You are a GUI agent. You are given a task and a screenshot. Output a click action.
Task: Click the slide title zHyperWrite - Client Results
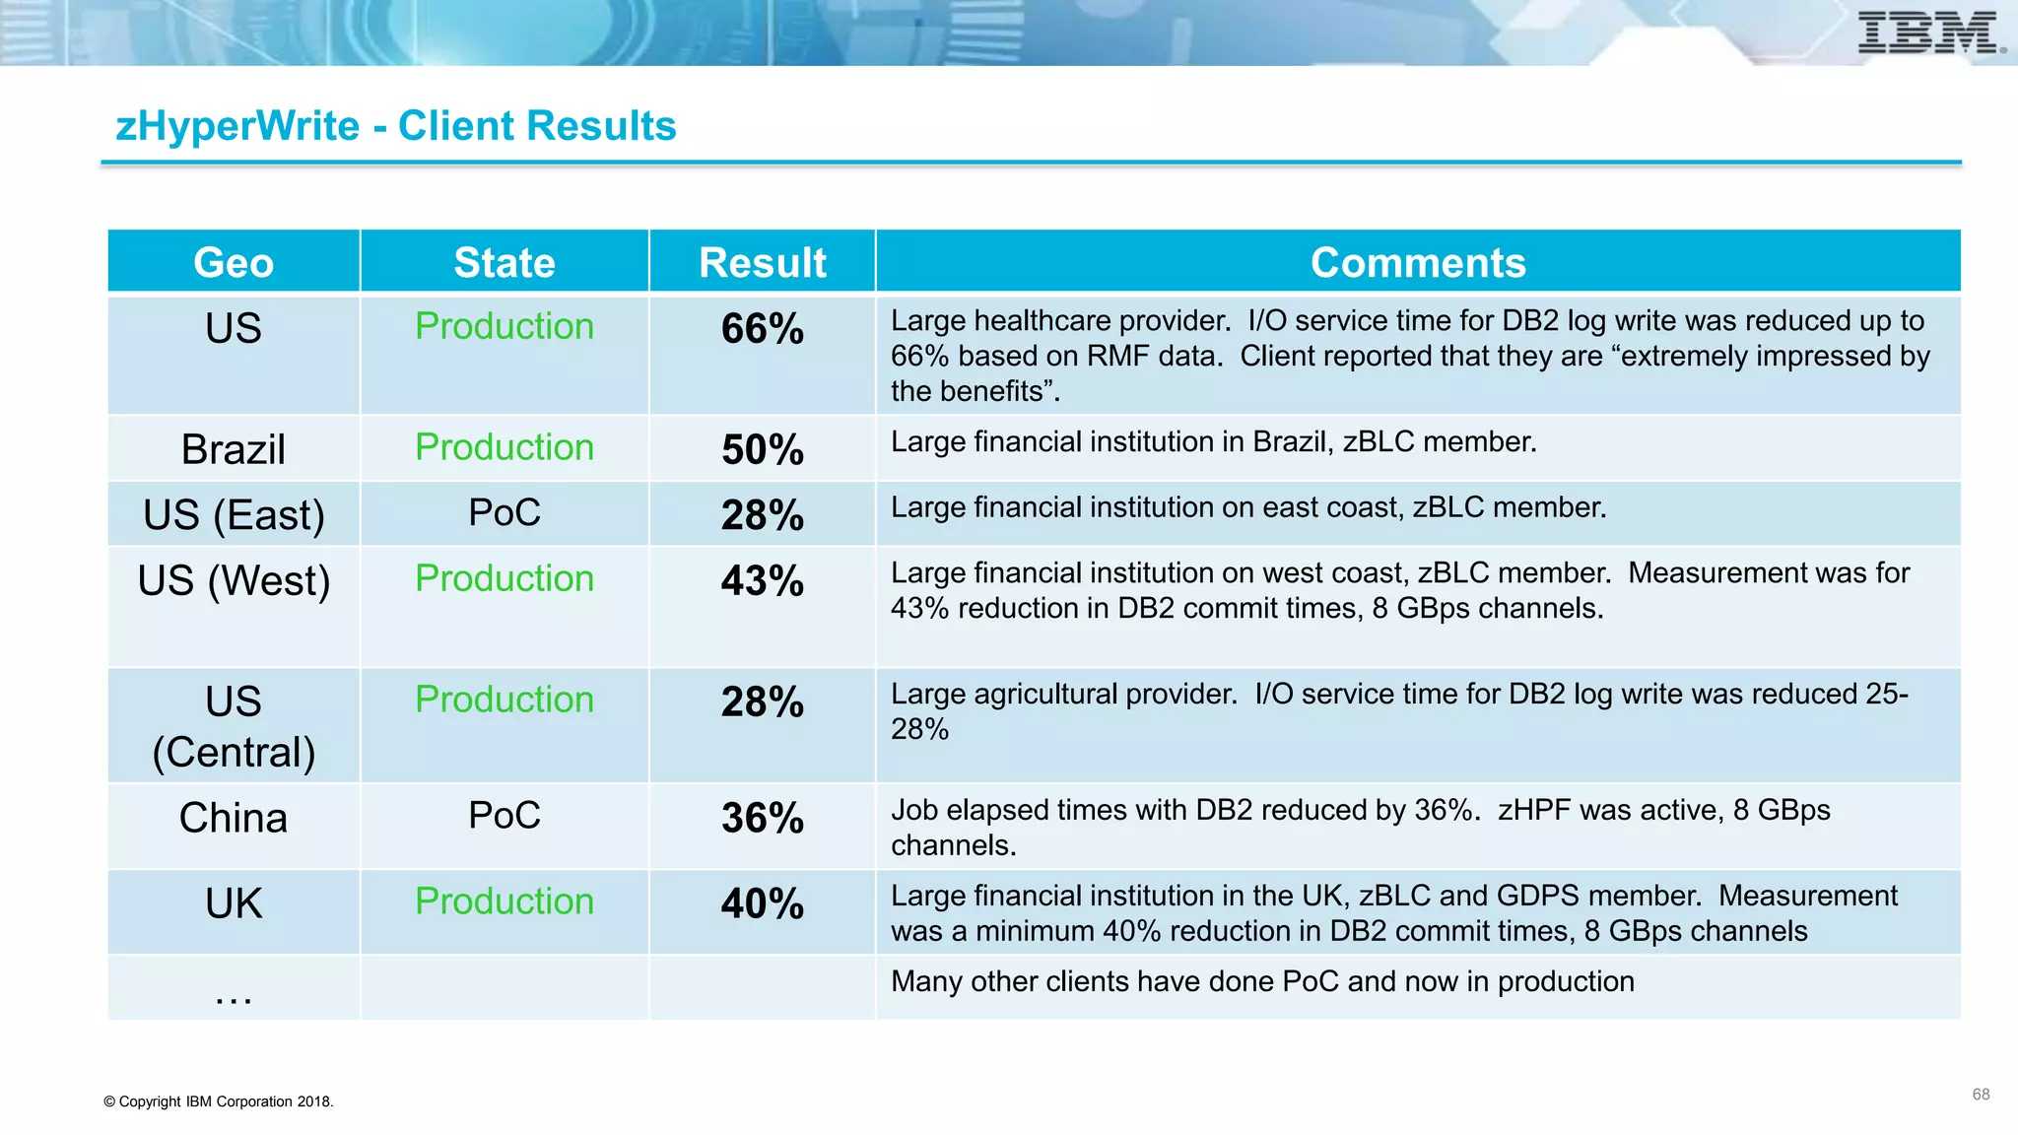396,126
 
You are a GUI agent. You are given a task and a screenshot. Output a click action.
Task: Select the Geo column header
234,263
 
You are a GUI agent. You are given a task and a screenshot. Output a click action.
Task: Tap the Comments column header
1418,263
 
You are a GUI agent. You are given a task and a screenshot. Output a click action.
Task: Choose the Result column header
762,263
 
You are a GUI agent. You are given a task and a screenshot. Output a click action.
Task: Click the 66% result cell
762,329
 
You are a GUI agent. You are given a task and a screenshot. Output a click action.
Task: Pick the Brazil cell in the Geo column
234,449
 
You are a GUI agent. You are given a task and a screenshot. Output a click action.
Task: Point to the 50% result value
762,450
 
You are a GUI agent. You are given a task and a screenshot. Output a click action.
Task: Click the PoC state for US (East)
504,512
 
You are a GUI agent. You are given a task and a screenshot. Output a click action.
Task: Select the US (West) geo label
234,580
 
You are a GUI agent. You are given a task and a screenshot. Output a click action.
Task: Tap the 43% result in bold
762,581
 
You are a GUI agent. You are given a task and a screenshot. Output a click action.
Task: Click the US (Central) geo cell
234,727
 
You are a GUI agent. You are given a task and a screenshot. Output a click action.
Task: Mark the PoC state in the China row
504,815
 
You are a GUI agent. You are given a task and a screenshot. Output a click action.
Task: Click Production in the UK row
504,901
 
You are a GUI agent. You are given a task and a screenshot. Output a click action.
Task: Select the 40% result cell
762,904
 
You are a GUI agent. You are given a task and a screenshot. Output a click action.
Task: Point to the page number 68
1981,1095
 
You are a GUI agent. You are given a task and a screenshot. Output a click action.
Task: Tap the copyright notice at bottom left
219,1102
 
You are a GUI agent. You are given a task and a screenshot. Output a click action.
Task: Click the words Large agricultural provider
1063,695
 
